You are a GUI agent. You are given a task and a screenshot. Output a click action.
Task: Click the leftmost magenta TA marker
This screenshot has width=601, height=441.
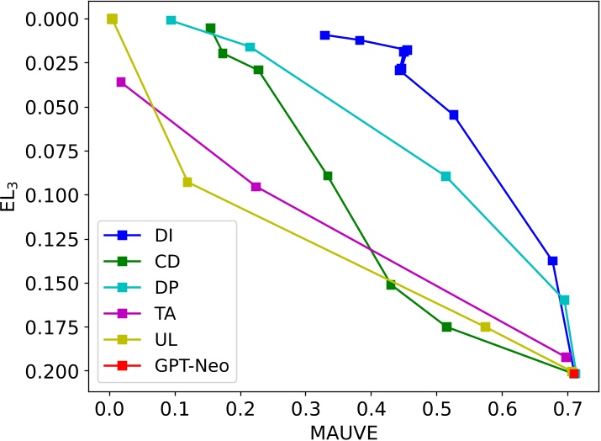(121, 82)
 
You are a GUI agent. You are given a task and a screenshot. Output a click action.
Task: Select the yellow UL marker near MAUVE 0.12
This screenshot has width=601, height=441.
(187, 182)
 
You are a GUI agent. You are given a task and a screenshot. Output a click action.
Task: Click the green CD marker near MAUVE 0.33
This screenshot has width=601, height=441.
(328, 176)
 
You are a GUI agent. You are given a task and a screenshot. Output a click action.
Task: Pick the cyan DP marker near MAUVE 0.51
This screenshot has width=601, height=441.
(445, 176)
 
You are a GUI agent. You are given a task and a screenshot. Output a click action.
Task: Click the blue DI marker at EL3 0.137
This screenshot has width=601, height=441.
(552, 261)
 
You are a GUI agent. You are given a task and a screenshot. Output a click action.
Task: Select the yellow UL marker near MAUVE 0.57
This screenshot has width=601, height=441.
(485, 327)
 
